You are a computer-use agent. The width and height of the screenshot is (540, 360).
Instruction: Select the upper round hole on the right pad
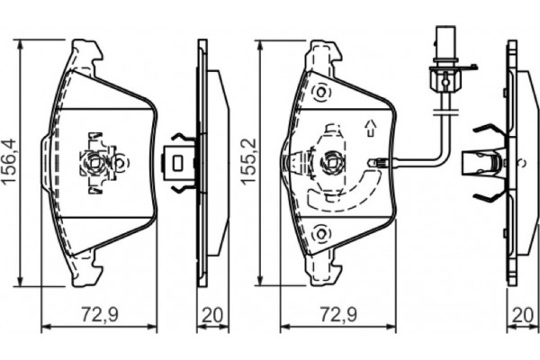(x=319, y=93)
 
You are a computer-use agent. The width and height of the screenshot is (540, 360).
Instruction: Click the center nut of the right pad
(x=332, y=163)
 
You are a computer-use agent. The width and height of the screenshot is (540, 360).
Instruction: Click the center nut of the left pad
(x=95, y=163)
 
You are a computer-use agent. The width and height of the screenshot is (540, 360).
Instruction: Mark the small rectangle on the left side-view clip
(x=179, y=163)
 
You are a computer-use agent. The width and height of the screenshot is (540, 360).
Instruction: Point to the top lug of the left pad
(x=87, y=51)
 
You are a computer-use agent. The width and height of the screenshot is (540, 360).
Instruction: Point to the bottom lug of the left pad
(x=87, y=271)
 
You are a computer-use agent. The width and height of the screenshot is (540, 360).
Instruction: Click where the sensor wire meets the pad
(x=382, y=163)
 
